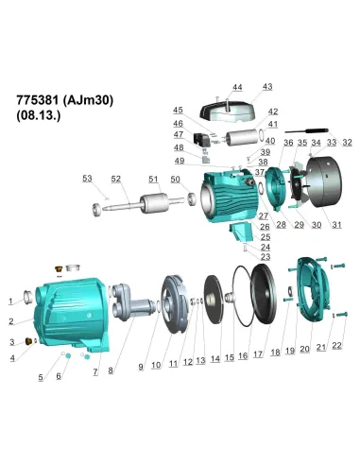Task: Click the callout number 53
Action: click(87, 179)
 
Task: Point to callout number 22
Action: click(337, 348)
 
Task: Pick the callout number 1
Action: click(11, 301)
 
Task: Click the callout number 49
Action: click(180, 161)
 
